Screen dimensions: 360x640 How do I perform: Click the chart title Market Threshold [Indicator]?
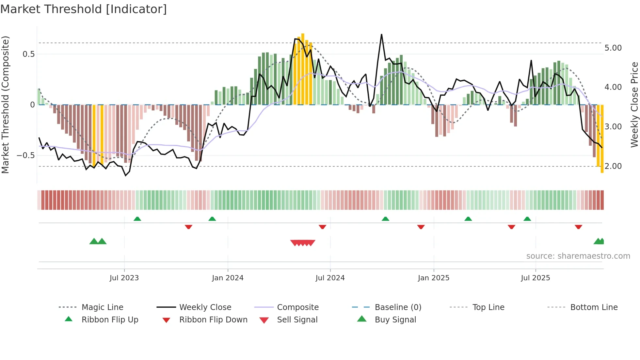(84, 9)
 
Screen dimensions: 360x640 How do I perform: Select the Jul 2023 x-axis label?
(124, 278)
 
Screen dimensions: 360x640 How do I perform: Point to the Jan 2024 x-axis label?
(228, 278)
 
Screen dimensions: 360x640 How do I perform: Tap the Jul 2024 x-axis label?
(330, 278)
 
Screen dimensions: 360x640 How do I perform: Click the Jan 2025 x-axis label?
(433, 278)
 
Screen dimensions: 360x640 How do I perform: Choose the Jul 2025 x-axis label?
(535, 278)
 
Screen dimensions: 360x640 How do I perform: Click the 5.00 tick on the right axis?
(613, 48)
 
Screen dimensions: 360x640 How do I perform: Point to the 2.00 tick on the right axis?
(613, 166)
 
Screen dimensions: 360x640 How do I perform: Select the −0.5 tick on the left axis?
(25, 155)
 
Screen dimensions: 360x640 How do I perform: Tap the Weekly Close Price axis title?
(634, 105)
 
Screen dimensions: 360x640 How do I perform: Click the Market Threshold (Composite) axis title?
(5, 105)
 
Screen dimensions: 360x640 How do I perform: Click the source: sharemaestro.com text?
(578, 256)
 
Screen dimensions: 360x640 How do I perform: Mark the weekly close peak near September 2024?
(381, 35)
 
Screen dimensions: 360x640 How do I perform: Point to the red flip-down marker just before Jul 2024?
(322, 227)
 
